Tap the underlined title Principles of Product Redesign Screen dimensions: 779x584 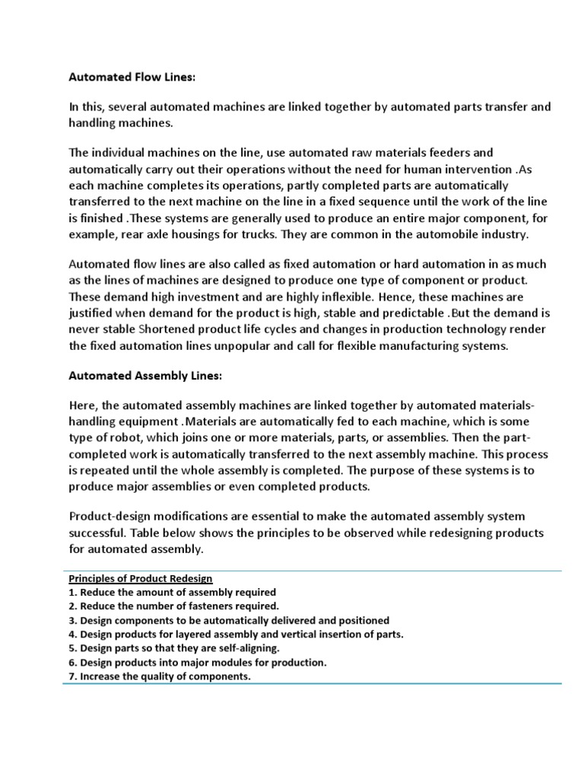click(x=141, y=578)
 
